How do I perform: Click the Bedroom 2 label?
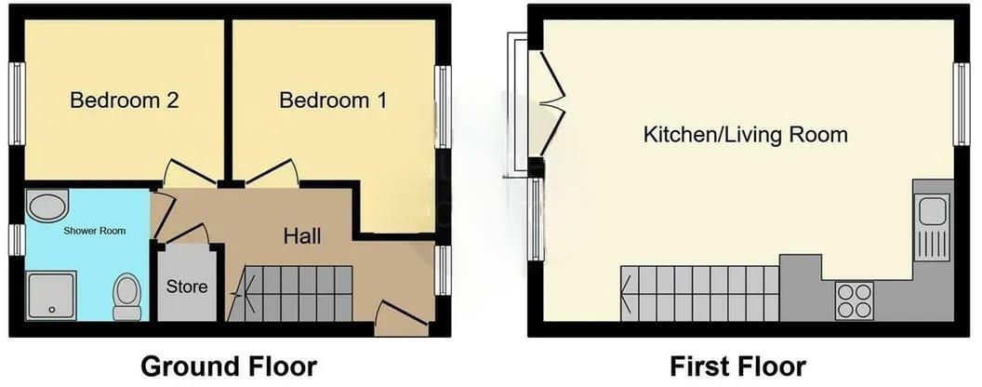tap(124, 100)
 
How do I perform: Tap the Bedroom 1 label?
tap(333, 100)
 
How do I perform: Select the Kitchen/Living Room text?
tap(745, 134)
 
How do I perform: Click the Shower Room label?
tap(94, 230)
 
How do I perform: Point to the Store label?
tap(188, 287)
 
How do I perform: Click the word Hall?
tap(302, 236)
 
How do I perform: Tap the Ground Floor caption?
tap(229, 366)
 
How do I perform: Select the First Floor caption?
tap(737, 366)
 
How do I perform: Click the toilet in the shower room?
tap(126, 295)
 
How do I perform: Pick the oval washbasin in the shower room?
tap(47, 207)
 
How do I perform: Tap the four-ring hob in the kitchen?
tap(854, 300)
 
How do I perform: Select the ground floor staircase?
tap(290, 293)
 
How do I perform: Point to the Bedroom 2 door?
tap(188, 173)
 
